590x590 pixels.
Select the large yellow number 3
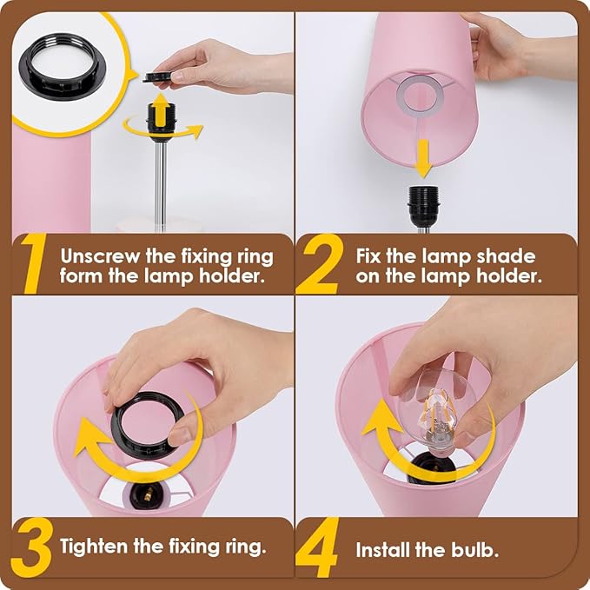click(31, 547)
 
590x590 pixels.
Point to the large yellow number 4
click(317, 547)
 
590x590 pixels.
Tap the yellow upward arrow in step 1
click(161, 109)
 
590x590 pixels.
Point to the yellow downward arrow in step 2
click(423, 158)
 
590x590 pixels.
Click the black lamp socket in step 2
click(423, 206)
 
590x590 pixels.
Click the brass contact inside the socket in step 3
click(149, 494)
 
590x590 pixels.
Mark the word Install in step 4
click(383, 550)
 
